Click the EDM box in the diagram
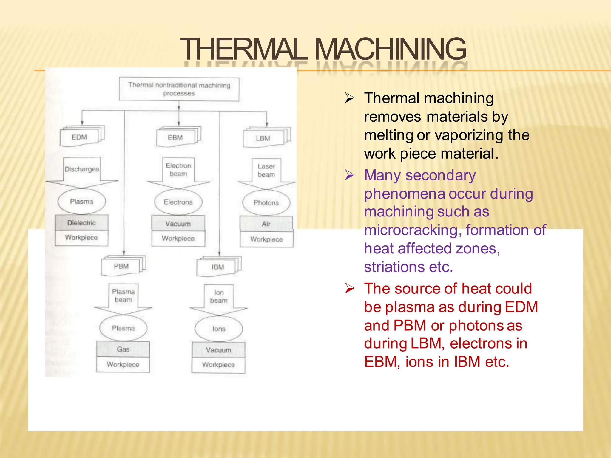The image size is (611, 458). pyautogui.click(x=79, y=137)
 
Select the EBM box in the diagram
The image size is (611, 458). pyautogui.click(x=175, y=138)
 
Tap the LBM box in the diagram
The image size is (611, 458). pyautogui.click(x=263, y=138)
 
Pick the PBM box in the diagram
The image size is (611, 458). pyautogui.click(x=121, y=266)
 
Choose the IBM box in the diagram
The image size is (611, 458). pyautogui.click(x=217, y=267)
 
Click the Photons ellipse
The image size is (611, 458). pyautogui.click(x=266, y=203)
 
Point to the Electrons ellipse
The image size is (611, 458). pyautogui.click(x=178, y=202)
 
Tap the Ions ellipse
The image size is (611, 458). pyautogui.click(x=219, y=329)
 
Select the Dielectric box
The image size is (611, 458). pyautogui.click(x=81, y=223)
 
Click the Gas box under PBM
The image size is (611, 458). pyautogui.click(x=123, y=349)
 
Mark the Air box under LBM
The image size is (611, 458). pyautogui.click(x=266, y=224)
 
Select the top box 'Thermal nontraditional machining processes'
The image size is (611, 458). pyautogui.click(x=179, y=89)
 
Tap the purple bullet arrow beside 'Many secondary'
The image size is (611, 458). pyautogui.click(x=349, y=175)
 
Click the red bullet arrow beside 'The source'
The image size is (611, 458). pyautogui.click(x=349, y=288)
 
